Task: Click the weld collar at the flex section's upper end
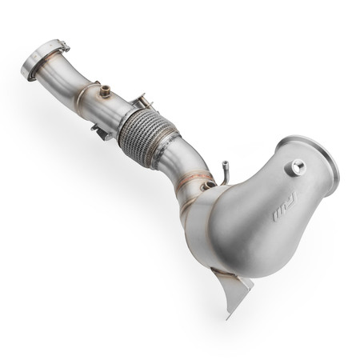(x=132, y=116)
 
